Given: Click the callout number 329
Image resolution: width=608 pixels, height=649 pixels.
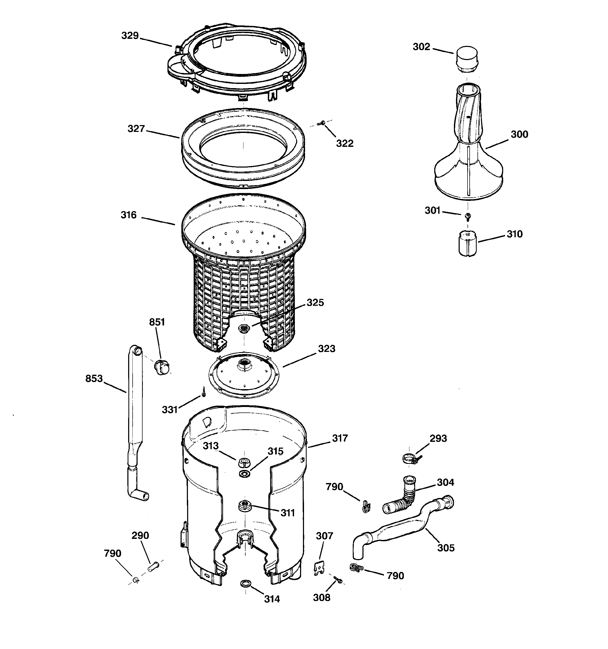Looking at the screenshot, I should (130, 36).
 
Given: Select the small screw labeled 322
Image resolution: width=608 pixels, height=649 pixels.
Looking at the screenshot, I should (322, 123).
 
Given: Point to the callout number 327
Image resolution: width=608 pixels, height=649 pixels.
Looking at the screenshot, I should (136, 129).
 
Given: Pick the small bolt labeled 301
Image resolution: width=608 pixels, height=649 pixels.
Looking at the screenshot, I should (468, 216).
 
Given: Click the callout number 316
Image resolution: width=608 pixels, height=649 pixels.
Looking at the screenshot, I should (128, 215).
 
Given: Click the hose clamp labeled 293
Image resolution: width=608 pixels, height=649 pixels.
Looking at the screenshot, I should (410, 459).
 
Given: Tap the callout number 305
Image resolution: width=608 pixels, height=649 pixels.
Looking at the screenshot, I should (446, 548).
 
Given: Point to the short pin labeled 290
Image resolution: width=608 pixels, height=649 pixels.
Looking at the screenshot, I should (153, 566).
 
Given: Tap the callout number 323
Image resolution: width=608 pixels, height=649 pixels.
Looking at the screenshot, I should (326, 349).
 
